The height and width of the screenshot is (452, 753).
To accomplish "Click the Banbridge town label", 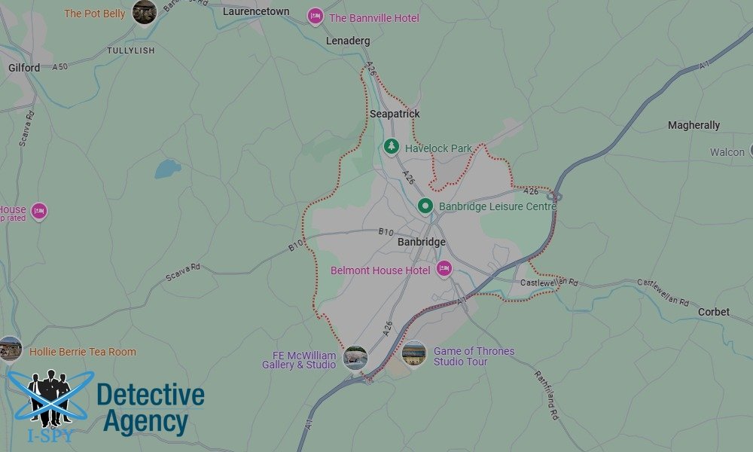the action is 421,243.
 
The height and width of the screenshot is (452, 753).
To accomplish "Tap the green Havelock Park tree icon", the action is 391,147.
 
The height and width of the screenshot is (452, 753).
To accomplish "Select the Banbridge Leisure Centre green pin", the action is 425,206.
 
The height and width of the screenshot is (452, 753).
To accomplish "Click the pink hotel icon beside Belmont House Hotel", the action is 444,269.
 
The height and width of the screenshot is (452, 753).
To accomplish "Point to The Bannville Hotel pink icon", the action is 316,17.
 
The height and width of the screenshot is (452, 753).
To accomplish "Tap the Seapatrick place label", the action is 395,114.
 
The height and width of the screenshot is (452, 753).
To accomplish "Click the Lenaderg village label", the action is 348,41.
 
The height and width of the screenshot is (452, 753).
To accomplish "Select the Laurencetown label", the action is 256,11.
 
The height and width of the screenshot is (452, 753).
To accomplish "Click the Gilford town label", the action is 24,68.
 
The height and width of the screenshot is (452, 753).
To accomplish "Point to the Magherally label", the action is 694,125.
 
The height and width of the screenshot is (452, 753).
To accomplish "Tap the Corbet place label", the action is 713,312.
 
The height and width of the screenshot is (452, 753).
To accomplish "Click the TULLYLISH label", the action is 130,50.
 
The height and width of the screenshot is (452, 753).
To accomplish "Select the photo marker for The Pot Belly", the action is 144,11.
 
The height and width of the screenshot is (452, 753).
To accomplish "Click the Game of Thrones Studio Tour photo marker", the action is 414,353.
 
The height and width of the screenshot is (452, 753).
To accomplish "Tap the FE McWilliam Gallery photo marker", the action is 355,358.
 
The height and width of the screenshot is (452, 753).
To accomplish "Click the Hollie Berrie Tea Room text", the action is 83,352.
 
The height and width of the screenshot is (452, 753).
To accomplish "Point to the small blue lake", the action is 168,168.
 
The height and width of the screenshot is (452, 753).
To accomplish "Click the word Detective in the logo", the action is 151,395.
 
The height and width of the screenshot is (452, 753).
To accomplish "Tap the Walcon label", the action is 727,152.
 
